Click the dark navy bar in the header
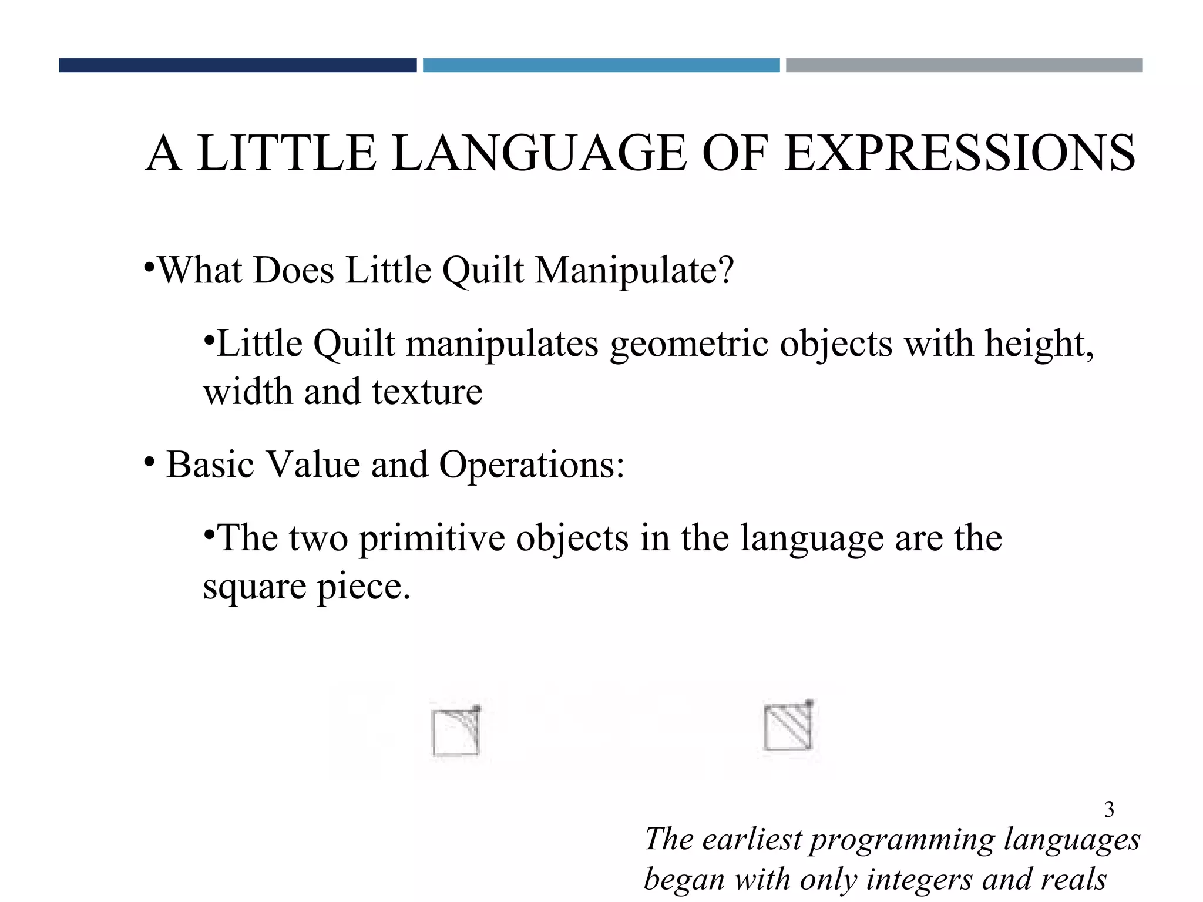237,65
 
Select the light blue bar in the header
601,65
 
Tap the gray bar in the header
964,65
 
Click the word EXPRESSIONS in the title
960,153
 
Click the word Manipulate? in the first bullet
634,271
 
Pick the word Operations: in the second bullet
532,465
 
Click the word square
254,587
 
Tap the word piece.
364,587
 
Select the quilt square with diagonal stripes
788,726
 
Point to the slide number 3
1109,810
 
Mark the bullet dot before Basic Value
149,462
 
